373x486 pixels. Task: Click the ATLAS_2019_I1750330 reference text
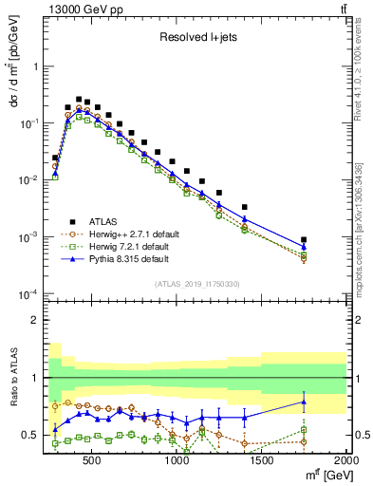click(x=196, y=284)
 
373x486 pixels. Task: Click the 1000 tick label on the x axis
click(x=177, y=461)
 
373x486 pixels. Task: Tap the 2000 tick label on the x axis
click(x=346, y=461)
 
